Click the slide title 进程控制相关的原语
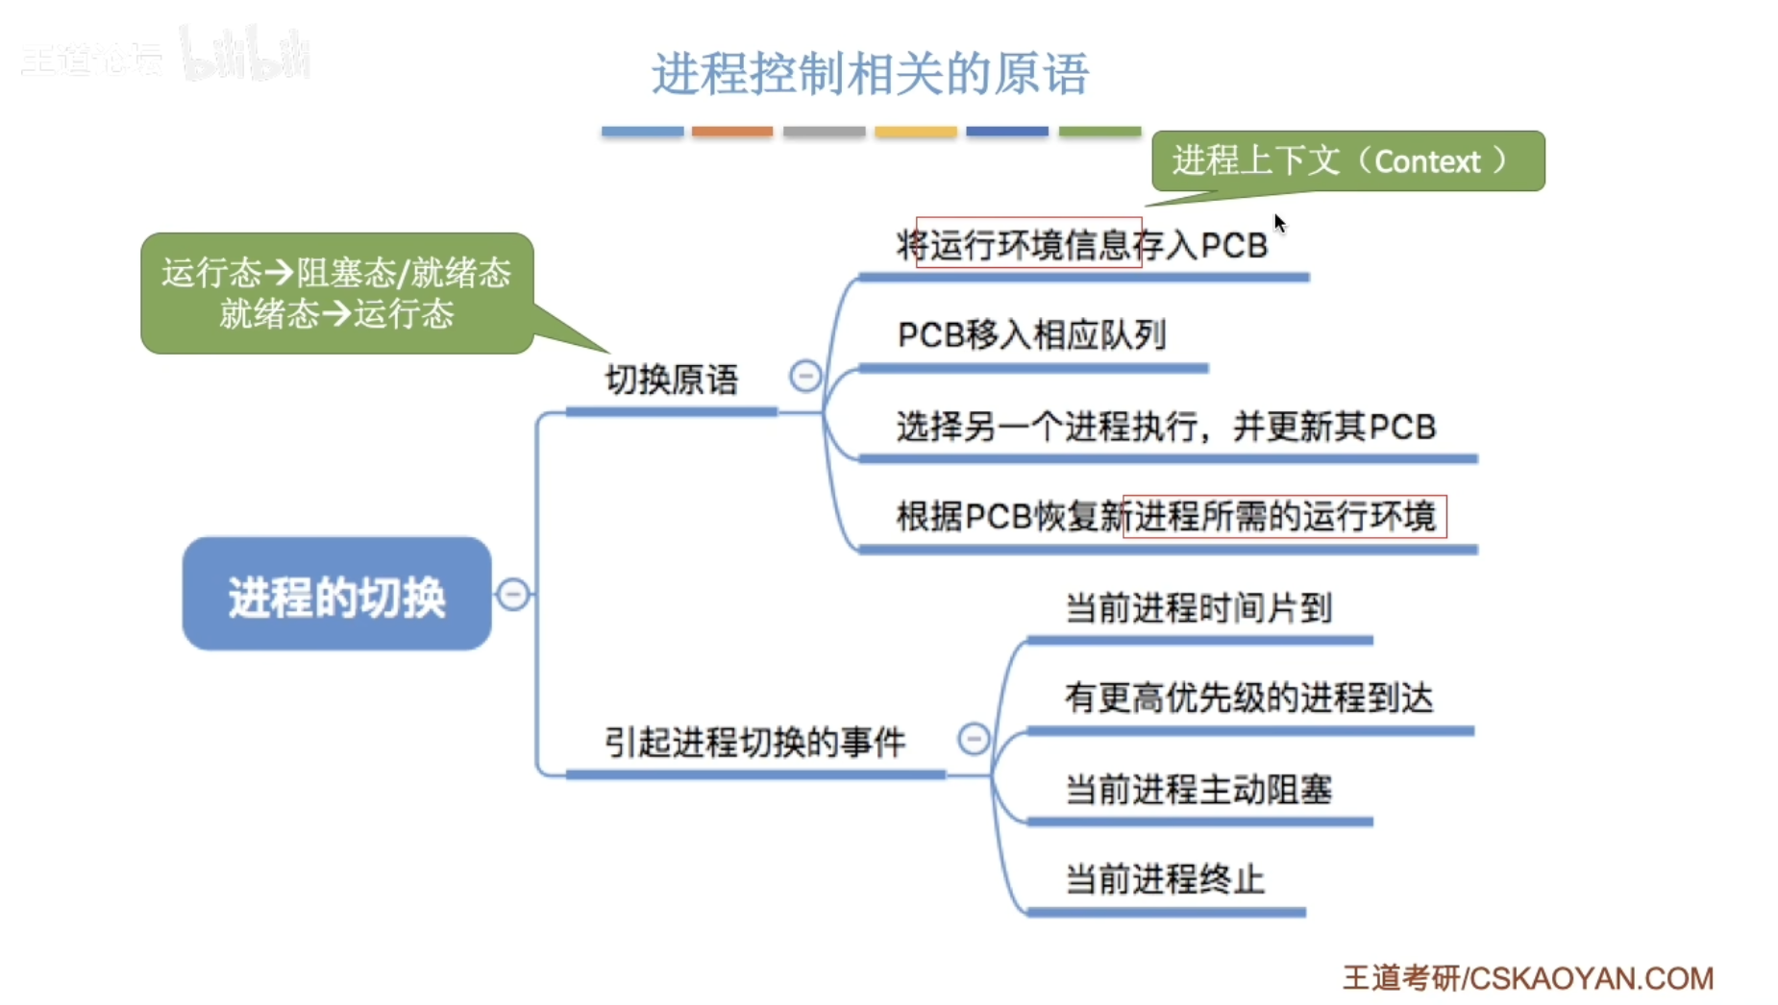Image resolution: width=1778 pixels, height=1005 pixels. pos(870,74)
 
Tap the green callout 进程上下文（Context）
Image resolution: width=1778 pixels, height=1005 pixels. pos(1347,160)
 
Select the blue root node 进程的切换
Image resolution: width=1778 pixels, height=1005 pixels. pos(336,595)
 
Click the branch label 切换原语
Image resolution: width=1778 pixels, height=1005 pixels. pos(671,380)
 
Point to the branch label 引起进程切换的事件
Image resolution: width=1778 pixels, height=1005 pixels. pos(754,742)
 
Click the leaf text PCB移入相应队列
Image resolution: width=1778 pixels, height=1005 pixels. pos(1031,334)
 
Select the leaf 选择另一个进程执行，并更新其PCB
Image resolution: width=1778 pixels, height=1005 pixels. pos(1166,426)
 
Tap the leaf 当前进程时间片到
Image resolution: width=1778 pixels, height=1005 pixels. pos(1198,607)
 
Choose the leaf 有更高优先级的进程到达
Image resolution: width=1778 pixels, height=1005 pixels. pos(1248,698)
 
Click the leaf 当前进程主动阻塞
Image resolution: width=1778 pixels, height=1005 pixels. pos(1198,789)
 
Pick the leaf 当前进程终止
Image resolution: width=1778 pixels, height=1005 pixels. pos(1165,878)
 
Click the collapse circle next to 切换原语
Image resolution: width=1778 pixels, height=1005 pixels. pos(805,376)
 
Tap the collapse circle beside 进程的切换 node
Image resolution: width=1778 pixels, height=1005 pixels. pos(513,594)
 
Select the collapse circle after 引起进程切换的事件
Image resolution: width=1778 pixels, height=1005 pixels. pos(974,739)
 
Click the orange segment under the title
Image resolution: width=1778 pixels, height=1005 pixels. pos(732,132)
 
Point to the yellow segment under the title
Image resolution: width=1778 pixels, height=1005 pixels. pos(915,132)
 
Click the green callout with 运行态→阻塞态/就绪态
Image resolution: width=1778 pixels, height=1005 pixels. pos(336,293)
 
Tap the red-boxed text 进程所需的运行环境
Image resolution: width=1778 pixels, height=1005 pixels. pos(1284,517)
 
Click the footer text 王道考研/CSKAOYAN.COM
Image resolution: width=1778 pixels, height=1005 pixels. pos(1527,978)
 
